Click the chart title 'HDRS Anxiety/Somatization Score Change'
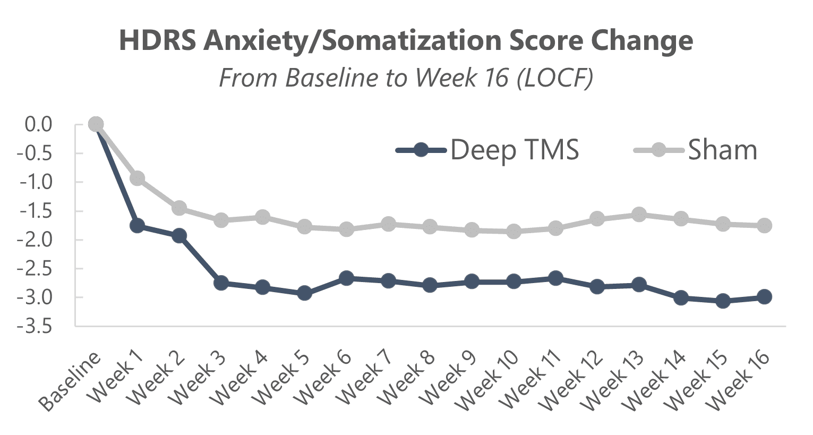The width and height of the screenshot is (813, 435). point(406,40)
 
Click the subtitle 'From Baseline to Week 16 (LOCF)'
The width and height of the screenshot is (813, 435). point(406,78)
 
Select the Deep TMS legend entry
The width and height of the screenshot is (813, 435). point(487,150)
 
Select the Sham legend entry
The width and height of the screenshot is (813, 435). point(696,150)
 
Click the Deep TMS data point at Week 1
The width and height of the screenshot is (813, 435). point(137,226)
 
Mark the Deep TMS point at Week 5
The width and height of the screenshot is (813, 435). point(304,293)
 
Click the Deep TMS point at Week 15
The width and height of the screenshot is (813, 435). point(723,301)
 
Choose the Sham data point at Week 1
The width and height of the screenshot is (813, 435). point(137,178)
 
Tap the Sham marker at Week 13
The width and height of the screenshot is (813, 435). point(639,215)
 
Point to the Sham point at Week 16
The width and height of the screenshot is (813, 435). point(765,226)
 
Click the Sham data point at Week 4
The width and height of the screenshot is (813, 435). point(262,217)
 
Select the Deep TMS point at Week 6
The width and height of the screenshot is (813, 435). point(346,278)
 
